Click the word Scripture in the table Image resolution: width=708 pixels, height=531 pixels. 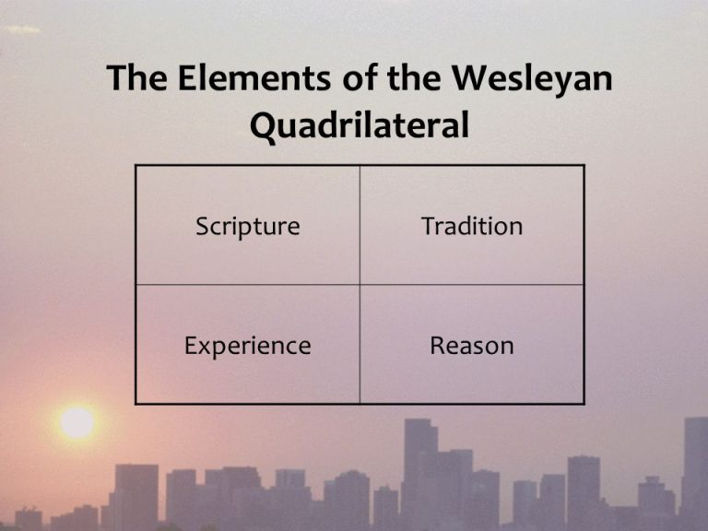coord(247,227)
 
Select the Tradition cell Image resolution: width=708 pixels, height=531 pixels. coord(472,227)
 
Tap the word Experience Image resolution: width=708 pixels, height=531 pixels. coord(247,347)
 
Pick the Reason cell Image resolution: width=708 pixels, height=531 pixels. coord(472,347)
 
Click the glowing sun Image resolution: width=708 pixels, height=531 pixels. coord(77,422)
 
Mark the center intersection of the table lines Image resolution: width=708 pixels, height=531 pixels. coord(360,285)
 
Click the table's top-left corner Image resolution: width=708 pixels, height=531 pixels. coord(136,166)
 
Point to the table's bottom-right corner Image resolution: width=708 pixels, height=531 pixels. coord(584,404)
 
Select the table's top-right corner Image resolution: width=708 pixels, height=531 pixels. coord(584,166)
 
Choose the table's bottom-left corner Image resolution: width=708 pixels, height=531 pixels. coord(136,404)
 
